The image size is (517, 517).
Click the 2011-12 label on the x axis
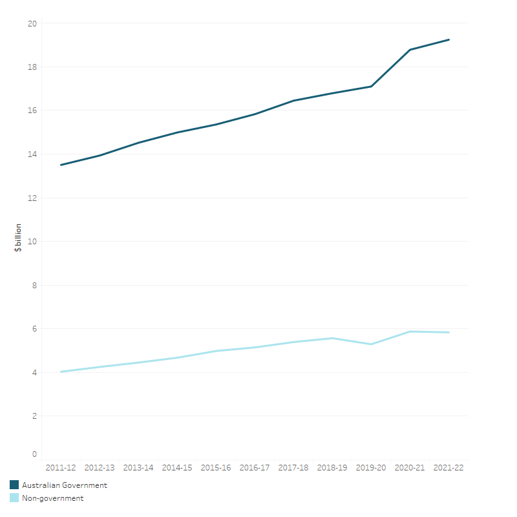tap(61, 467)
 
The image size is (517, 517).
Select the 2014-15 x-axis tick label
tap(177, 467)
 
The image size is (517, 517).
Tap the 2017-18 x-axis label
tap(293, 467)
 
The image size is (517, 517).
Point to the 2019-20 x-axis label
tap(371, 467)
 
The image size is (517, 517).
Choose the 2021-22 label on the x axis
tap(448, 467)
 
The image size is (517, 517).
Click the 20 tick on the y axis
tap(32, 23)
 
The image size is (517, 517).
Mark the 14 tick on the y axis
tap(32, 154)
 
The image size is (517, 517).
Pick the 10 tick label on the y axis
tap(32, 242)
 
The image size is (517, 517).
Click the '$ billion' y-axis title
tap(18, 237)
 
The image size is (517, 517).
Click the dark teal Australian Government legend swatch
tap(14, 485)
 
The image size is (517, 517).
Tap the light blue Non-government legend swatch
tap(14, 498)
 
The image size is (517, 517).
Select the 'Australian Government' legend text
tap(65, 485)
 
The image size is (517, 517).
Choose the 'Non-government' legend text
tap(53, 498)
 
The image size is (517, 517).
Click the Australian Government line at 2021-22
tap(448, 39)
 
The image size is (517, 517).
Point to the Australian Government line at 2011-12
tap(61, 165)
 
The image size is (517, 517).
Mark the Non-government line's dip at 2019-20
tap(371, 344)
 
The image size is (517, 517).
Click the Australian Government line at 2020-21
tap(410, 50)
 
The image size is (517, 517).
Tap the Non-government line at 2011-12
tap(61, 372)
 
